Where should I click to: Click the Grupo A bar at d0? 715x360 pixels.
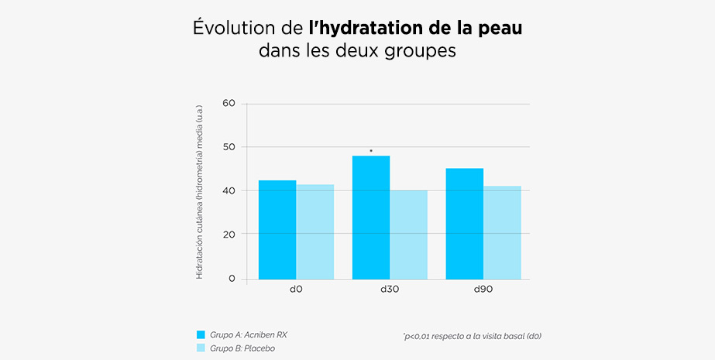click(277, 229)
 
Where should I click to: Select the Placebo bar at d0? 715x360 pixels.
click(315, 231)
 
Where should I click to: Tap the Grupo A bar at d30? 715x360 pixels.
click(371, 217)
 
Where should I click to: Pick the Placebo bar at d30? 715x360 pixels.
click(409, 234)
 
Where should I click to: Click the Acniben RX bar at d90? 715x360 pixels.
click(465, 223)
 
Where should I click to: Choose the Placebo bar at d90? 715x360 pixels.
click(503, 232)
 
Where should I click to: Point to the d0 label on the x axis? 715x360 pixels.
click(296, 289)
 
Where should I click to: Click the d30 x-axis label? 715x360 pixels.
click(390, 289)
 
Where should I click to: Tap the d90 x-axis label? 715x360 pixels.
click(483, 289)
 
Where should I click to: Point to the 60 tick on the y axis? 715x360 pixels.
click(228, 103)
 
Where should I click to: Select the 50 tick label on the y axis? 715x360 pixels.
click(228, 147)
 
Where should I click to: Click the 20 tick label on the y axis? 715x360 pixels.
click(228, 234)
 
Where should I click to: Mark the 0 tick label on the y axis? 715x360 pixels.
click(231, 278)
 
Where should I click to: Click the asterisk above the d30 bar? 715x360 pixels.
click(371, 151)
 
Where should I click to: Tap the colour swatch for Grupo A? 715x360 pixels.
click(201, 334)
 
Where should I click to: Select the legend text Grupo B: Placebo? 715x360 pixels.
click(242, 348)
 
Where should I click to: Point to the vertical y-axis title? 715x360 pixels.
click(199, 190)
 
